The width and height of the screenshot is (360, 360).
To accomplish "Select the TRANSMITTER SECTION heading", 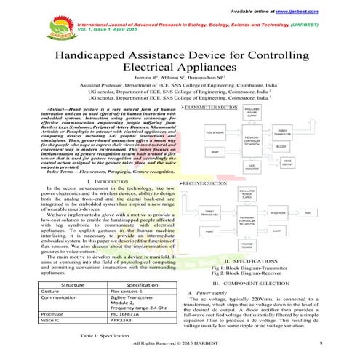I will point(212,108).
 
